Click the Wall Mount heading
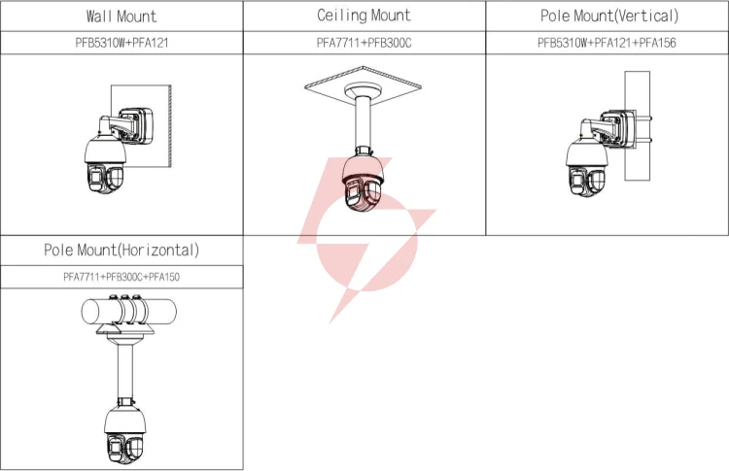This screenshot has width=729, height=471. (x=121, y=17)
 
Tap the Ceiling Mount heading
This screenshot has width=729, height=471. (x=364, y=16)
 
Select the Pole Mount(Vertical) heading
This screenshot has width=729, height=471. (x=609, y=16)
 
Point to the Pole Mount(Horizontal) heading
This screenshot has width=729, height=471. (x=121, y=250)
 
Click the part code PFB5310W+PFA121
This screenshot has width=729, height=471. (x=121, y=43)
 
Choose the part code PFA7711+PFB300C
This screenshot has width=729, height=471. (x=364, y=43)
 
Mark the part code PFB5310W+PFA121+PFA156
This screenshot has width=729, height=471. (x=607, y=43)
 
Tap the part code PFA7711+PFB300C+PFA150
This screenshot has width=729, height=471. (x=121, y=277)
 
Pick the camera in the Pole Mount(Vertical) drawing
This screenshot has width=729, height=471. (x=587, y=165)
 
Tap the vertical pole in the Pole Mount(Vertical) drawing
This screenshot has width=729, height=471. (x=637, y=125)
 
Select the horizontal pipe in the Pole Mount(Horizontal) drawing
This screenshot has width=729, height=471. (x=128, y=311)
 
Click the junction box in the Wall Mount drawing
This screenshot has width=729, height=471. (x=136, y=126)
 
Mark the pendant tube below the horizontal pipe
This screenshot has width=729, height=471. (x=124, y=371)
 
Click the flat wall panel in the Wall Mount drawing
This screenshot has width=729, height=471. (x=141, y=125)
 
